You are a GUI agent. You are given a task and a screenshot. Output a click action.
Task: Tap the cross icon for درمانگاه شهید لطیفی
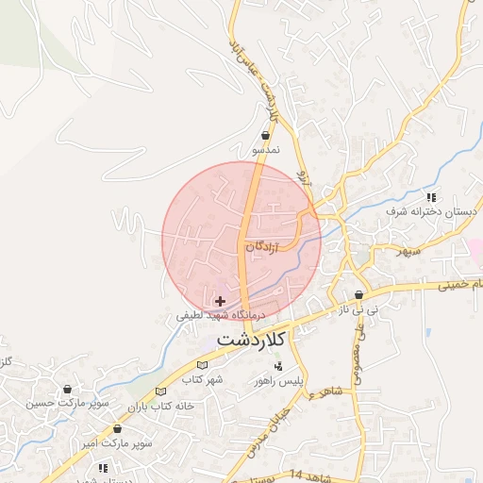(x=221, y=301)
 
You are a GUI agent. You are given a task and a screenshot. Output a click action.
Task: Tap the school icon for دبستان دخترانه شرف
(x=431, y=197)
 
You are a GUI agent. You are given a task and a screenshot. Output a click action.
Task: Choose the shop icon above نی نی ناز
(x=359, y=294)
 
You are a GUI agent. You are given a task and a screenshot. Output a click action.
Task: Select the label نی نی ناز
(x=359, y=308)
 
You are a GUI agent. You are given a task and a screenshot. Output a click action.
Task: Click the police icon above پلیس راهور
(x=278, y=365)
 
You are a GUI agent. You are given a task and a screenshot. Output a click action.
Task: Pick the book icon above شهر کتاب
(x=201, y=365)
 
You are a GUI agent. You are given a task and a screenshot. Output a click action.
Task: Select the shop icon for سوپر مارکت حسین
(x=68, y=389)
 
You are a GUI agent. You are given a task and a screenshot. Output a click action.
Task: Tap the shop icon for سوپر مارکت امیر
(x=117, y=428)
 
